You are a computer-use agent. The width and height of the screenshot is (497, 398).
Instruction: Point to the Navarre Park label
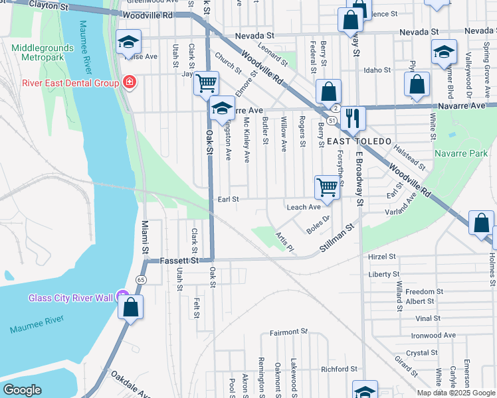[460, 153]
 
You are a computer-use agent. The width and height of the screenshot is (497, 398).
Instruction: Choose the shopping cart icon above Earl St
[327, 187]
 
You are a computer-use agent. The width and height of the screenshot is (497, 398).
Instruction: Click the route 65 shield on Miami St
[141, 281]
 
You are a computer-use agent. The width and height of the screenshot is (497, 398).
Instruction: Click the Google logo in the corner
[22, 390]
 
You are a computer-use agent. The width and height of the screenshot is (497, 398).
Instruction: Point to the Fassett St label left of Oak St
[179, 261]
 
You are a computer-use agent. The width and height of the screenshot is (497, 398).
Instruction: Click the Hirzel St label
[382, 256]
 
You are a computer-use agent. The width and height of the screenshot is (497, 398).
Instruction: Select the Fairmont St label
[289, 332]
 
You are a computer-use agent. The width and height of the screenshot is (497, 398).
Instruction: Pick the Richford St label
[339, 369]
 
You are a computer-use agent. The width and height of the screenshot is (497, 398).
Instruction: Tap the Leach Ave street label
[304, 207]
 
